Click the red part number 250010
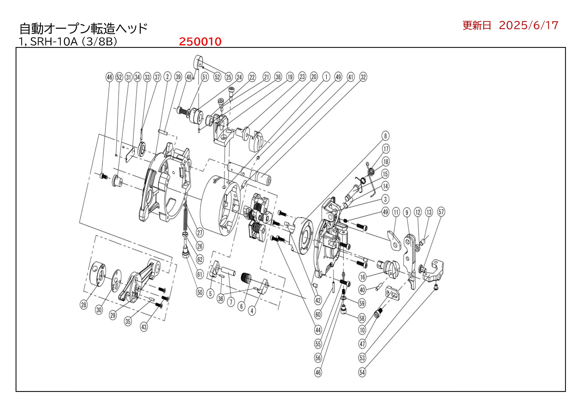point(200,42)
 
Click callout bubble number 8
point(385,136)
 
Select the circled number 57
point(441,212)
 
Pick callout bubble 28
point(84,305)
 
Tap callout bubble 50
point(200,292)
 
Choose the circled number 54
point(362,372)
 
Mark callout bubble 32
point(363,77)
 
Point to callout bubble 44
point(318,330)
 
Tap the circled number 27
point(200,232)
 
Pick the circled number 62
point(200,259)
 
